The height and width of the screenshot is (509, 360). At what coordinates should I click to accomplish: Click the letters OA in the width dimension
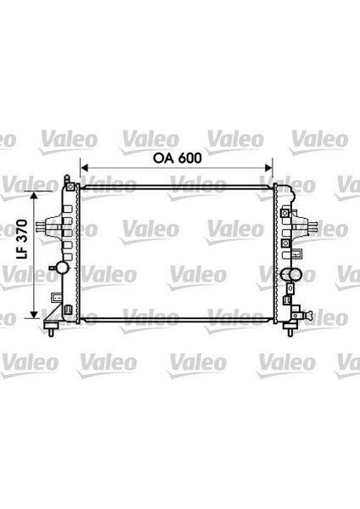tap(164, 159)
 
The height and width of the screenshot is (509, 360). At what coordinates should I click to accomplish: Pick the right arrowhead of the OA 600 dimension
tap(271, 169)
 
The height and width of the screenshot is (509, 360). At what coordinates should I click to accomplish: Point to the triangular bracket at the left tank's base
tap(53, 321)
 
